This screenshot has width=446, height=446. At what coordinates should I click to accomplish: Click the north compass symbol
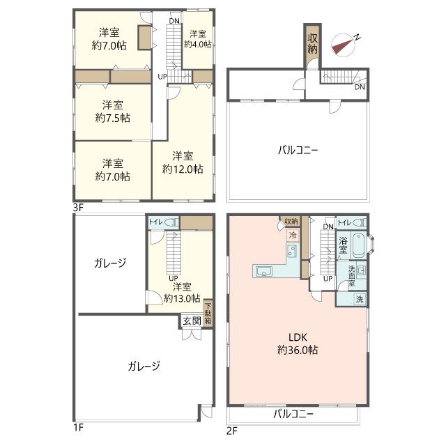[344, 45]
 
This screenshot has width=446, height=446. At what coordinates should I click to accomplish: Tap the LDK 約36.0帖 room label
[298, 344]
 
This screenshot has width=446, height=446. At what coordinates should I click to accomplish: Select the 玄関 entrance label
[192, 321]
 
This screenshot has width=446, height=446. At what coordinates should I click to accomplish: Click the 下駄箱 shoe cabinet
[208, 314]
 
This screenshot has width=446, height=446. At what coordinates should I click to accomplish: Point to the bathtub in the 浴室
[358, 245]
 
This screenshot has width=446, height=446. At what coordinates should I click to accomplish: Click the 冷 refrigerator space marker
[293, 236]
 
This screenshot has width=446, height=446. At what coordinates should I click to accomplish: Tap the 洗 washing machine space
[360, 299]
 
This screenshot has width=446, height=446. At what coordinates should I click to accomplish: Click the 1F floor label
[79, 427]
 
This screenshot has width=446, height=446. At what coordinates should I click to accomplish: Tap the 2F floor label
[232, 431]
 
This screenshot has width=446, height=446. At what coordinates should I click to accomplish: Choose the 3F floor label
[79, 208]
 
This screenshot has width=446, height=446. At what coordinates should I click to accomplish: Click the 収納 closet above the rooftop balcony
[313, 43]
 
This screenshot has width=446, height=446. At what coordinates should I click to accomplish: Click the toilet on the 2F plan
[359, 223]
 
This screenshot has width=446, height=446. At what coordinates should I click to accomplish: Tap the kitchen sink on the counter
[264, 271]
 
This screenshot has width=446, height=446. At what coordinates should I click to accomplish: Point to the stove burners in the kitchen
[292, 251]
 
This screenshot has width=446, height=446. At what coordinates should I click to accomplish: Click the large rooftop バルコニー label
[298, 151]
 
